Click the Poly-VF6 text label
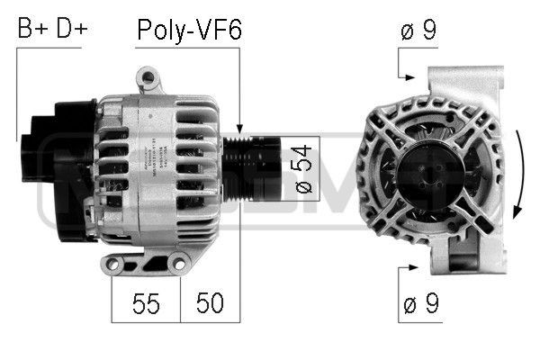click(189, 30)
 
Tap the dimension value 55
click(146, 303)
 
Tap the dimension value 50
click(211, 303)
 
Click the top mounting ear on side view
click(146, 78)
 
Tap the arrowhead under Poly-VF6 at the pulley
click(240, 130)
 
